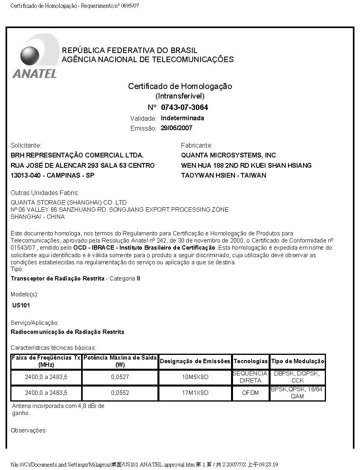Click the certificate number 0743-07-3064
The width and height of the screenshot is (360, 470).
[184, 107]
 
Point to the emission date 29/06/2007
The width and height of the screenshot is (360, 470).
[176, 128]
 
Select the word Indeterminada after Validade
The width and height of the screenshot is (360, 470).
[182, 118]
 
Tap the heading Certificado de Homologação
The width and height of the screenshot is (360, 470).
[180, 86]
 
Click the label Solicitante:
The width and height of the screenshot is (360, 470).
[26, 145]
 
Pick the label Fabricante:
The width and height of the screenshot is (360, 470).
[197, 145]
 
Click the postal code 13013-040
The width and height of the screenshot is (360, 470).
[27, 175]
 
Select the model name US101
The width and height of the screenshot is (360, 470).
[21, 305]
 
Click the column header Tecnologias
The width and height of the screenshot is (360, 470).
[250, 361]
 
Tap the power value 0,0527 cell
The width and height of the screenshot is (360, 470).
[120, 377]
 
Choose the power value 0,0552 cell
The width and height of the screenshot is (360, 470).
[120, 393]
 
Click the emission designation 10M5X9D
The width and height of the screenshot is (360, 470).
[195, 377]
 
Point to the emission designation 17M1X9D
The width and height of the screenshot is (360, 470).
[195, 393]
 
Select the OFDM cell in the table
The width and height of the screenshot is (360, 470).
[250, 393]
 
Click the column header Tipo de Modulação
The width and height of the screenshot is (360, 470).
[297, 361]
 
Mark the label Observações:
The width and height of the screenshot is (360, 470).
[28, 430]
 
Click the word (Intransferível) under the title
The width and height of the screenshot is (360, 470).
[180, 96]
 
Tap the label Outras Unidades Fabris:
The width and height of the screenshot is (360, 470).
[45, 193]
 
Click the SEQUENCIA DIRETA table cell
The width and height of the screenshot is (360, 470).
[250, 377]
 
